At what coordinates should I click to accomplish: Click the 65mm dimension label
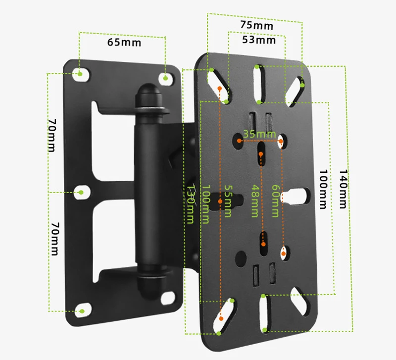coord(124,42)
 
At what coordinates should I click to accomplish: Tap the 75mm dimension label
coord(256,25)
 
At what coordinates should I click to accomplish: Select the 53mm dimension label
coord(259,40)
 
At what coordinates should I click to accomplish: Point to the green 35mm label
coord(259,134)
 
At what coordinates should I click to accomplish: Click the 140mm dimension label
coord(343,189)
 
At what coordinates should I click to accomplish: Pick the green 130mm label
coord(191,204)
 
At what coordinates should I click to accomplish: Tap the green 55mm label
coord(228,201)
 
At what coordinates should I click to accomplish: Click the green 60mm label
coord(275,201)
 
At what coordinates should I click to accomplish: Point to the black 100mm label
coord(323,189)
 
